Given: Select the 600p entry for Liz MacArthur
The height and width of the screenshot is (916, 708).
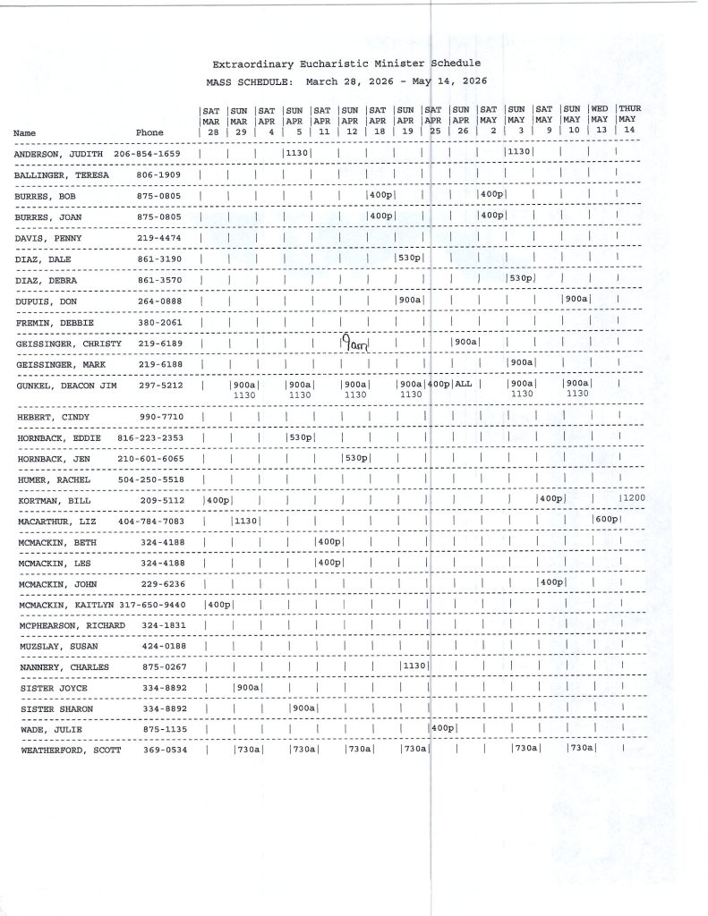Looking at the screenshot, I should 606,521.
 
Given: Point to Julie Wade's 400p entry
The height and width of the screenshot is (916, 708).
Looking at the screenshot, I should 444,728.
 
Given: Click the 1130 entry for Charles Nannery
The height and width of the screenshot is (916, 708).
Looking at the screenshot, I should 414,666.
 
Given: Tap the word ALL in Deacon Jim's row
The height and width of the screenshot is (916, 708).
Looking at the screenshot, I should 463,384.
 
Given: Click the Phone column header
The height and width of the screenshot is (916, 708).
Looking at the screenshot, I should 149,133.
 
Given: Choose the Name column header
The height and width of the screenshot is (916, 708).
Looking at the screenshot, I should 25,133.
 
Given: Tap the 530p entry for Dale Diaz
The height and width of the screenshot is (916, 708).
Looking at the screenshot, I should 410,259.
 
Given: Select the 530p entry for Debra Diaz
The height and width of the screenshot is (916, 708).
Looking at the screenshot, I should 521,279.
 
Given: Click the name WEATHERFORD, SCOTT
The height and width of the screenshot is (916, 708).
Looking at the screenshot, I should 65,751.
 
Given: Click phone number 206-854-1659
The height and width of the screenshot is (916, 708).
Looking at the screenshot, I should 148,154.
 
